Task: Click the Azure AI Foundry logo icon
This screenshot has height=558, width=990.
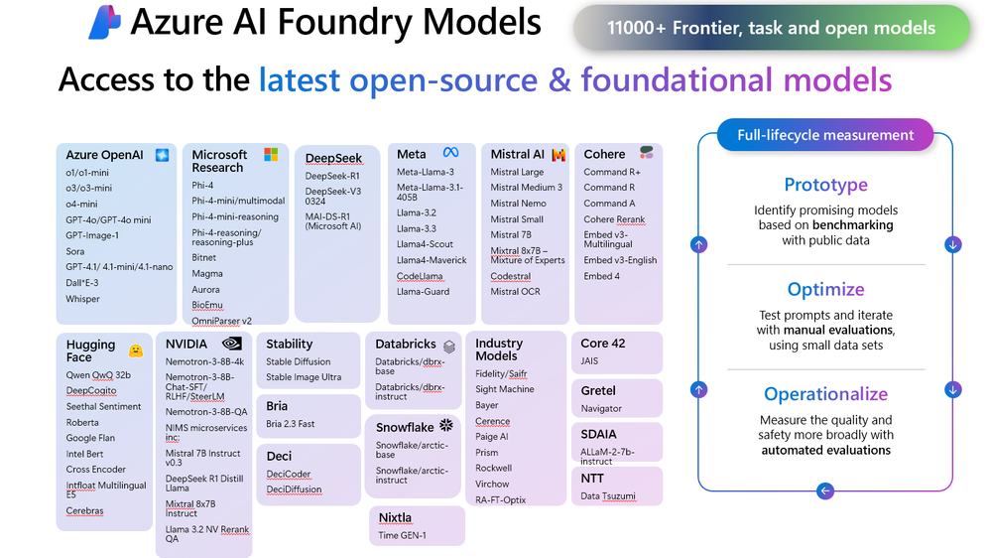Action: point(104,23)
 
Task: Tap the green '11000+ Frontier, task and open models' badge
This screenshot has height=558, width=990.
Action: point(771,29)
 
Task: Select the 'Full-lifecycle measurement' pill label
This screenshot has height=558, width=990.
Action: point(825,135)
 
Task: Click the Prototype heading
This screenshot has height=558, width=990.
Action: point(825,185)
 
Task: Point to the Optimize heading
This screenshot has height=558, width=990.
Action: point(825,290)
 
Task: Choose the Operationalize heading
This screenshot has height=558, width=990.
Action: point(825,394)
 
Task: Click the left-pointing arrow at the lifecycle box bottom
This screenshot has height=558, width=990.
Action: point(825,490)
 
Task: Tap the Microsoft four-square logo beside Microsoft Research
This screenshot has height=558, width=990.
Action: point(271,155)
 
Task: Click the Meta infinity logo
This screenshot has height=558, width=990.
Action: point(450,153)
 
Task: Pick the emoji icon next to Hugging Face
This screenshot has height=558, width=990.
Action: point(135,350)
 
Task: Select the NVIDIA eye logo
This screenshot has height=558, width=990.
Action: point(232,344)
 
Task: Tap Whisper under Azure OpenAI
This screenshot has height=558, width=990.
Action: point(83,299)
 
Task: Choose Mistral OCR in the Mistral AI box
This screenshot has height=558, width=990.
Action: point(516,292)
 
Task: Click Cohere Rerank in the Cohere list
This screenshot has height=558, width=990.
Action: point(614,219)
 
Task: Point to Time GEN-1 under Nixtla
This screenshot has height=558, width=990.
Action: point(403,535)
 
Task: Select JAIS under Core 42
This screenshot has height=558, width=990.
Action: point(590,361)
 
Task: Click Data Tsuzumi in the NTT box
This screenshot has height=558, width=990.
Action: point(608,495)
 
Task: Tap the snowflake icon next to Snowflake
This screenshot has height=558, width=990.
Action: point(445,426)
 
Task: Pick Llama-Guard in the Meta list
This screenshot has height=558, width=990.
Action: point(424,292)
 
